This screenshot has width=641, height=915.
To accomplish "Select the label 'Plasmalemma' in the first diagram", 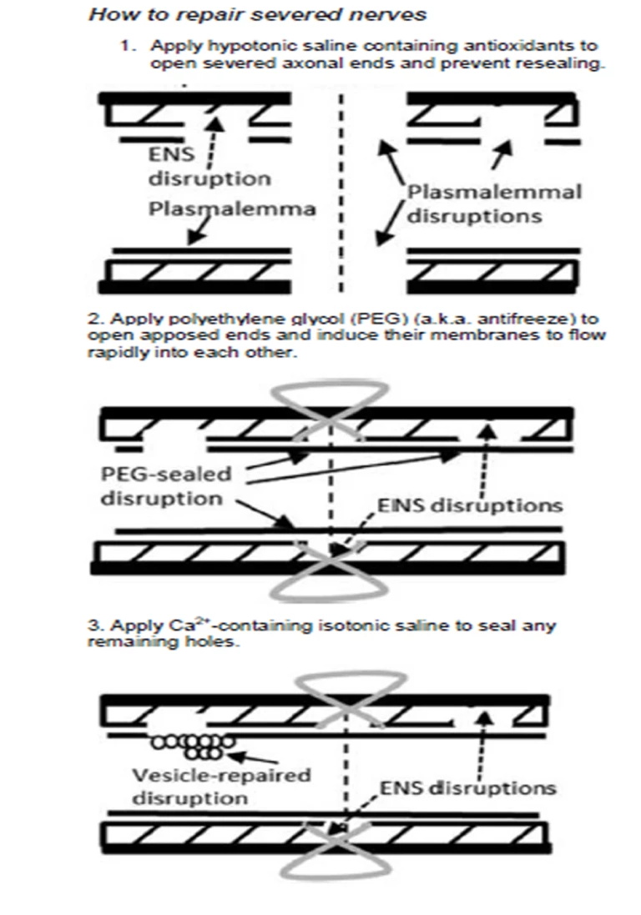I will click(232, 209).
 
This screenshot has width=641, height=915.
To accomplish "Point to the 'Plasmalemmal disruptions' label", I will click(494, 204).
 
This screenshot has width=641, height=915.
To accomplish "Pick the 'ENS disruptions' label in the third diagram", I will click(468, 787).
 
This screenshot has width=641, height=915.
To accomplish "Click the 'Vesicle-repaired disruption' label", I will click(221, 786).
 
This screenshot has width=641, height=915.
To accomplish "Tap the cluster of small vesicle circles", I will click(193, 744).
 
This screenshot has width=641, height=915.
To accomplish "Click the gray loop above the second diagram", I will click(335, 396).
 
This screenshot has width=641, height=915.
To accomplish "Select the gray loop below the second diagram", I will click(334, 584).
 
